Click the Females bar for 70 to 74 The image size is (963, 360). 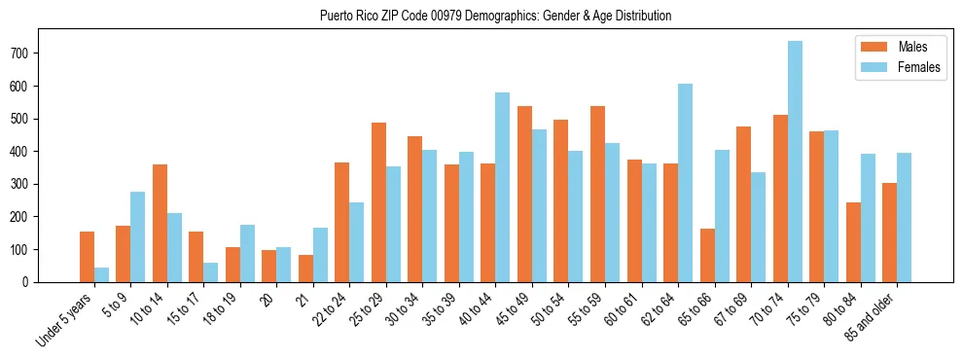pyautogui.click(x=795, y=162)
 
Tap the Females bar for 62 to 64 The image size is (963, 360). pyautogui.click(x=686, y=183)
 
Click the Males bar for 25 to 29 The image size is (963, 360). pyautogui.click(x=378, y=202)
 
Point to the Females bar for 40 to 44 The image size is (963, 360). pyautogui.click(x=503, y=188)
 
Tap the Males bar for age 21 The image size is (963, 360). pyautogui.click(x=305, y=269)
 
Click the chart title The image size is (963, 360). pyautogui.click(x=495, y=17)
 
